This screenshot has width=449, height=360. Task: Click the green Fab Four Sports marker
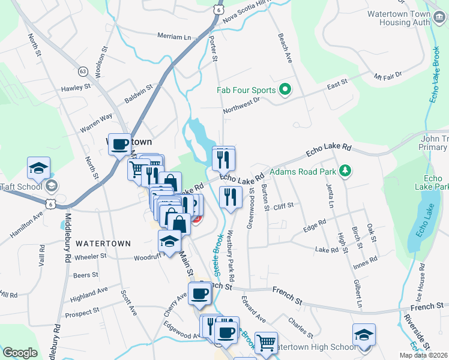point(285,91)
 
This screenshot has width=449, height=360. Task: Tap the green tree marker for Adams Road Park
point(345,172)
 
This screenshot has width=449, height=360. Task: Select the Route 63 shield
point(83,71)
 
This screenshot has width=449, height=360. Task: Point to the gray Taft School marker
point(51,186)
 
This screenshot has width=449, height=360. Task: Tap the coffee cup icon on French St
point(200,293)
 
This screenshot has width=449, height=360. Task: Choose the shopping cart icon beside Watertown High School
point(266,343)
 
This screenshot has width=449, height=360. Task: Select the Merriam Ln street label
point(173,37)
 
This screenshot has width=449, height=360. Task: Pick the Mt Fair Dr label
point(387,76)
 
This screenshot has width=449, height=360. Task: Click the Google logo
point(20,353)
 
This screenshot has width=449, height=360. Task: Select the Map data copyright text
point(423,355)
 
